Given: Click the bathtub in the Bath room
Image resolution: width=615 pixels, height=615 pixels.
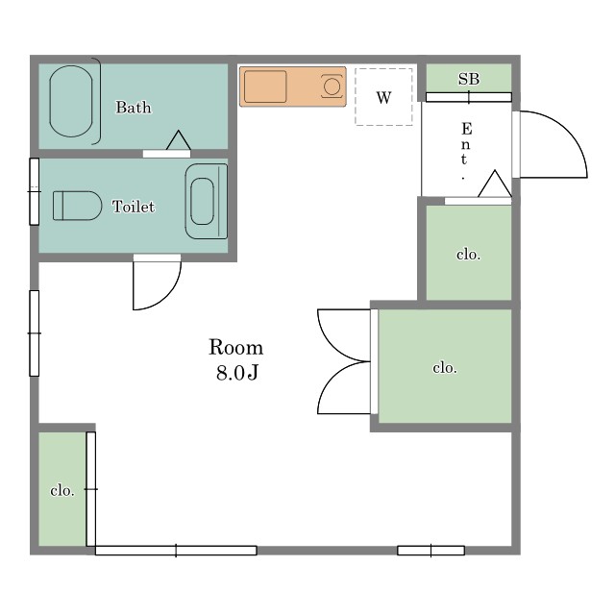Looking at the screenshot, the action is pos(71,101).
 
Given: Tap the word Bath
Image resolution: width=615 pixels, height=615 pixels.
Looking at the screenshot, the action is pos(134,108).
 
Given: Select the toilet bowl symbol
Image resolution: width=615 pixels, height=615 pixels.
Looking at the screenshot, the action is pos(77,206).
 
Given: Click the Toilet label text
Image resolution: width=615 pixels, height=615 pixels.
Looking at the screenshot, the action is pos(134,207).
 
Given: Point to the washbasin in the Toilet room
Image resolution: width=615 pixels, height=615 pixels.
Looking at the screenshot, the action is pos(207,201).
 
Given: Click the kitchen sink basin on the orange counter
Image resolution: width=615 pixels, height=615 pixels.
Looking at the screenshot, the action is pos(265,86).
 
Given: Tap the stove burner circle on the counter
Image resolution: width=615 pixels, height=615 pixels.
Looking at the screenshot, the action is pos(332,86).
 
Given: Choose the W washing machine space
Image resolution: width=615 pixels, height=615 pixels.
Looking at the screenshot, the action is pos(383,97).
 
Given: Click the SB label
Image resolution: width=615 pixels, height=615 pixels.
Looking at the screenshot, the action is pos(469,79).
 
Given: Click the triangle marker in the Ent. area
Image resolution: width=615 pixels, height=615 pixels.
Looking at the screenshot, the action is pos(495,184).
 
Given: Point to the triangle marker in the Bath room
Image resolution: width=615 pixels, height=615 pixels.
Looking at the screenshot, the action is pos(179,140).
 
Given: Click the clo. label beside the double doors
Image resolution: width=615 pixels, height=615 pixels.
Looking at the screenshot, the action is pos(445,368).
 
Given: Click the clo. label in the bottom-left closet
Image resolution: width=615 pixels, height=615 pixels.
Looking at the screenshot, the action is pos(62,491).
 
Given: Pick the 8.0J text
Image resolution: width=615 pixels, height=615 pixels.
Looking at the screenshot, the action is pos(237,373).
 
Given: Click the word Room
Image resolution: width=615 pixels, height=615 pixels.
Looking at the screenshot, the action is pos(235,348).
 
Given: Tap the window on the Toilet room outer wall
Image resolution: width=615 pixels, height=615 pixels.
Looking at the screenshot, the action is pos(35,191).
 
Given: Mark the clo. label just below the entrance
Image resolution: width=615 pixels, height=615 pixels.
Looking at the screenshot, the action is pos(468,255).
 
